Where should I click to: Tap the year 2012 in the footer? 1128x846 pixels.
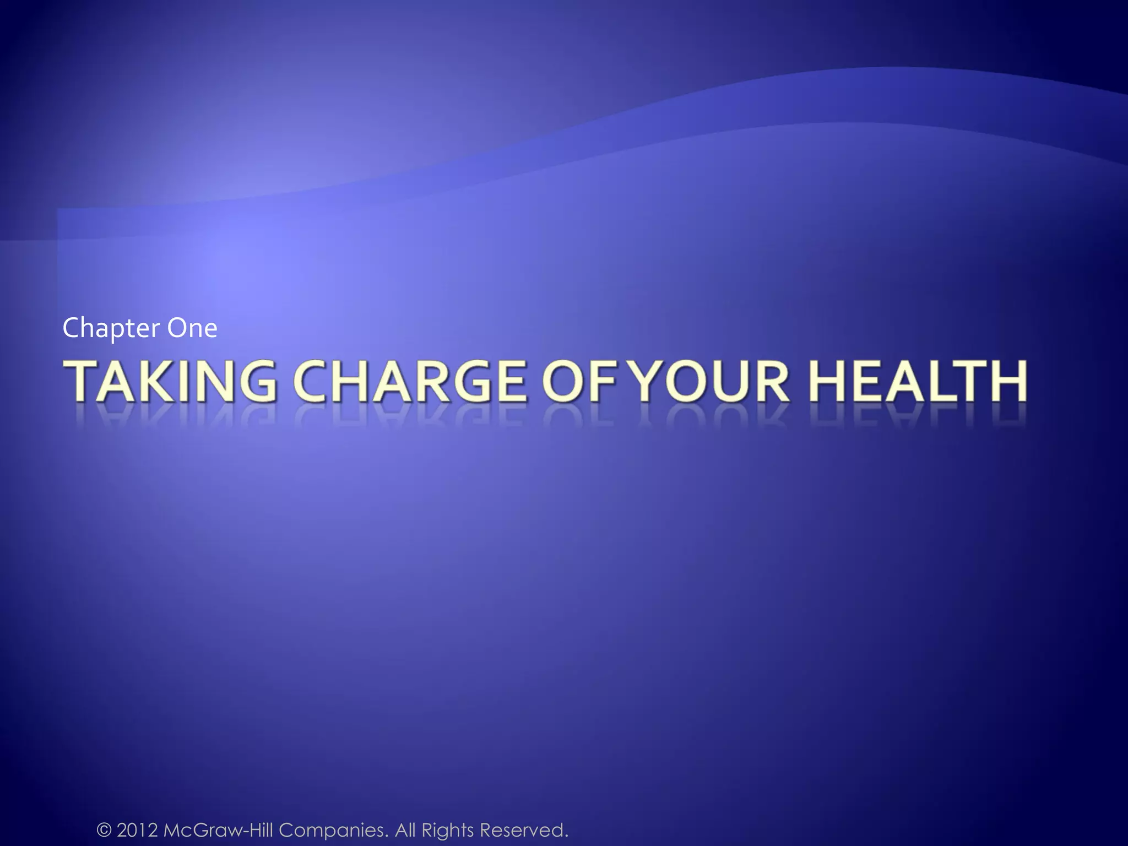138,829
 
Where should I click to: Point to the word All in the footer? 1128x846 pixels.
406,829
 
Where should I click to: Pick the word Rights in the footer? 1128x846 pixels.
447,829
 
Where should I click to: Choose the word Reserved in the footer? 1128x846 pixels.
523,829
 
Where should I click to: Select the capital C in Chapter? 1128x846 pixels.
70,328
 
